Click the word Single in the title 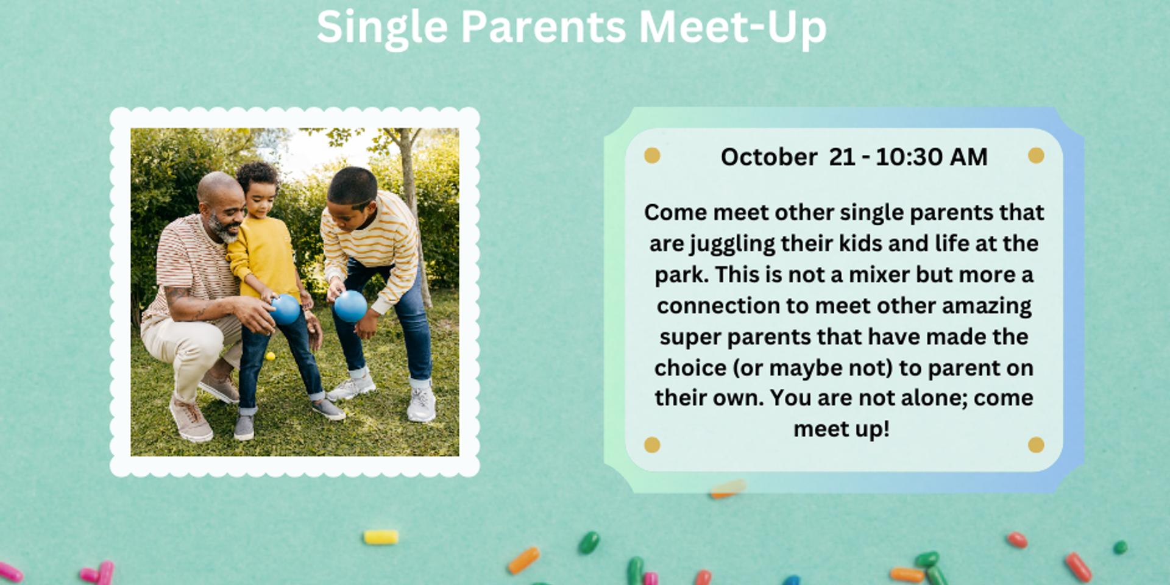[382, 27]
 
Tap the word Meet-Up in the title [732, 27]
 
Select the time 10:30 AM [931, 157]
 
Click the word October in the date [768, 157]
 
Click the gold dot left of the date [652, 155]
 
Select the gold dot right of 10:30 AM [1036, 155]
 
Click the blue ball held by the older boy [350, 306]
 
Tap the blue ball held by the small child [285, 309]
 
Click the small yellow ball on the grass [271, 356]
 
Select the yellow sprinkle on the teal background [381, 537]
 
